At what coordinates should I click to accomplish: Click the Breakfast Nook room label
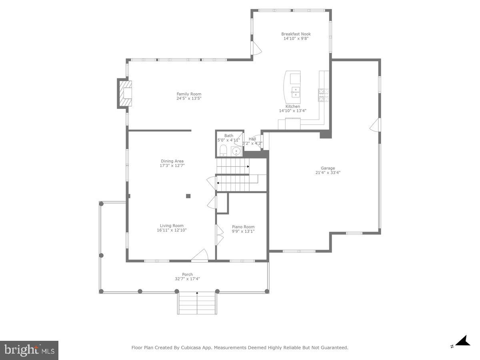coord(296,34)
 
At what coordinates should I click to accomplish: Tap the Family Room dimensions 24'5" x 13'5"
coord(189,98)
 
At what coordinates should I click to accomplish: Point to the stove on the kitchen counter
coord(323,94)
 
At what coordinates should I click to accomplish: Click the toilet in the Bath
coord(223,151)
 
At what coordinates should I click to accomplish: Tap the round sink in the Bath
coord(236,152)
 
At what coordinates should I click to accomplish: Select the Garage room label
coord(328,168)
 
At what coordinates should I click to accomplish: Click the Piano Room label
coord(243,227)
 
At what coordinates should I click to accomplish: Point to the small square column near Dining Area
coord(188,196)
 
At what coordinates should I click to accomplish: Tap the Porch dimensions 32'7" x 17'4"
coord(187,279)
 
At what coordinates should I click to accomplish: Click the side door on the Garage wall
coord(375,125)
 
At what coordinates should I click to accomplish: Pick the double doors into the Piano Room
coord(219,234)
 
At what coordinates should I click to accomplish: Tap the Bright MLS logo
coord(29,350)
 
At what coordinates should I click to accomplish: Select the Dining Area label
coord(172,161)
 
